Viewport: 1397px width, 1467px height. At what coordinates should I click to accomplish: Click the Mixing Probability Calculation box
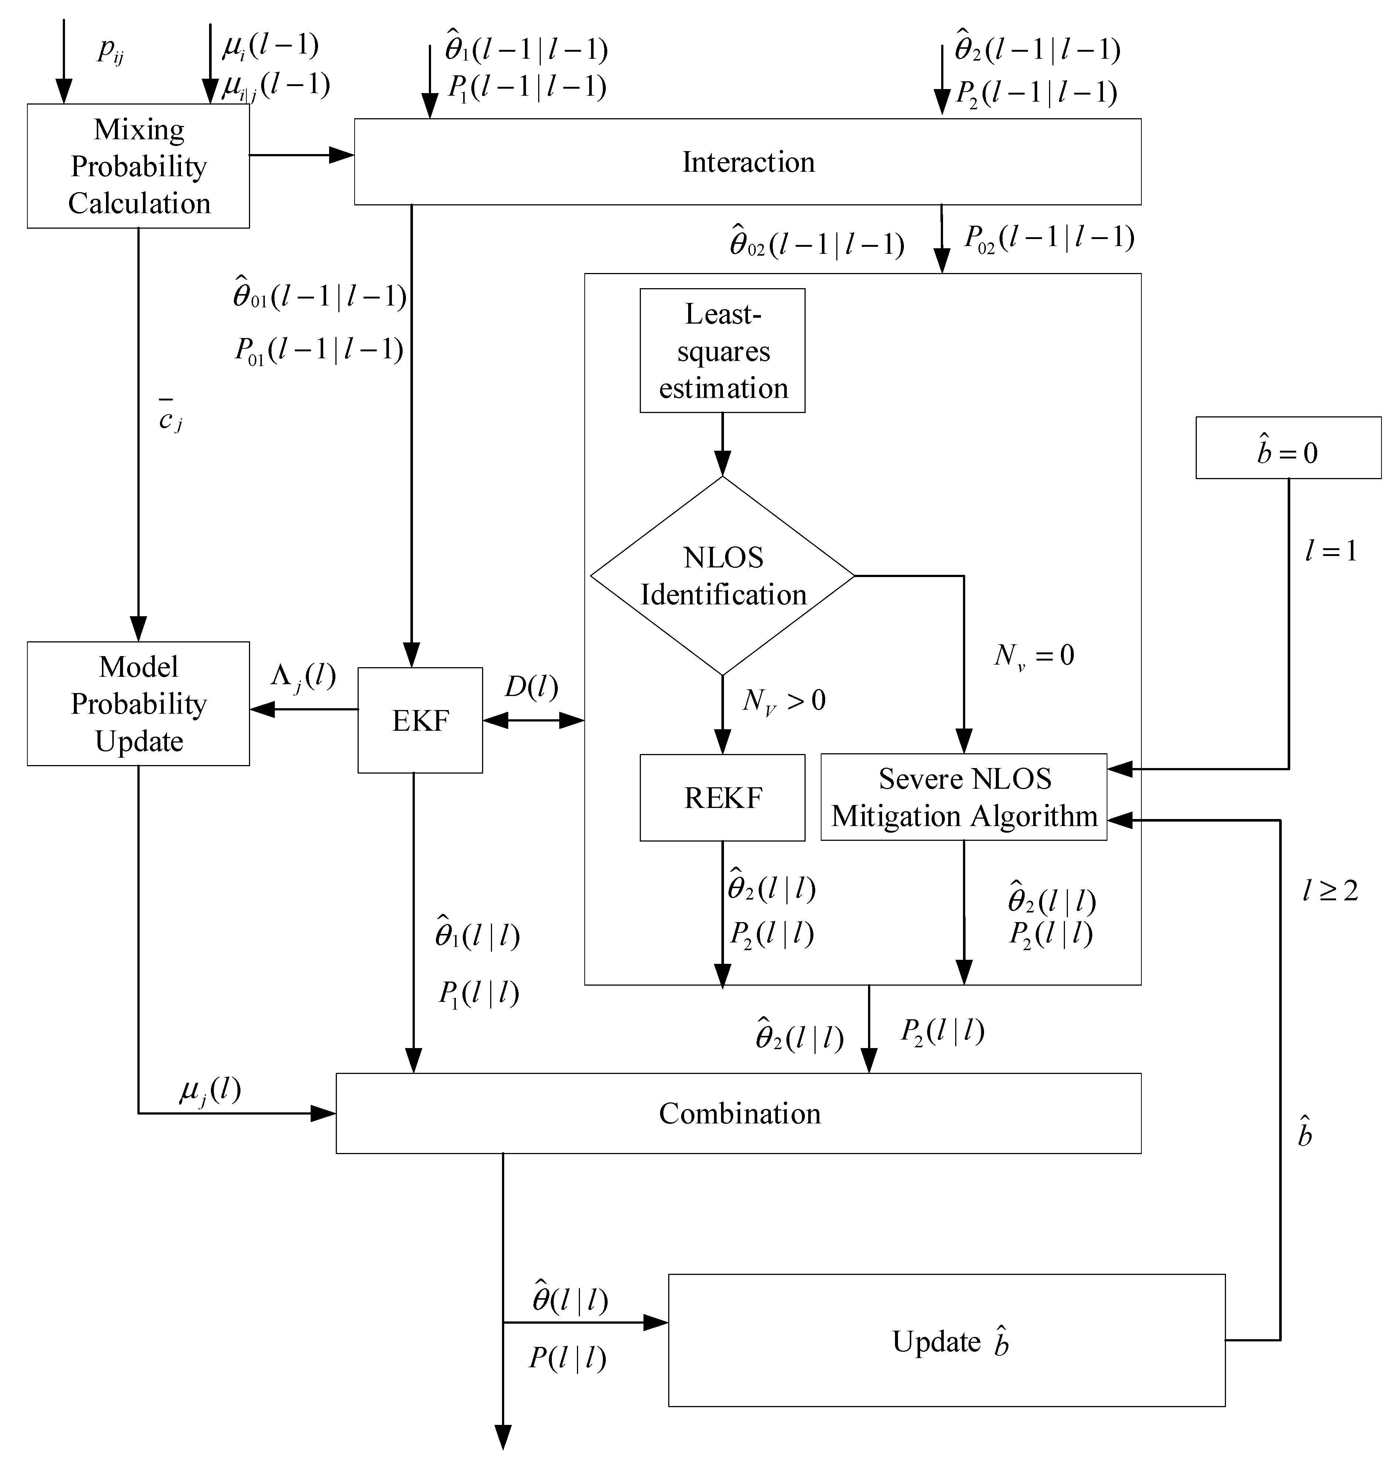click(139, 166)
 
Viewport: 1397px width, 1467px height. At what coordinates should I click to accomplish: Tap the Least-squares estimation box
click(723, 351)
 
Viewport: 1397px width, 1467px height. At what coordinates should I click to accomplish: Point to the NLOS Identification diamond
click(723, 576)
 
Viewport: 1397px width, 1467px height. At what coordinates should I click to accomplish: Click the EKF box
click(420, 720)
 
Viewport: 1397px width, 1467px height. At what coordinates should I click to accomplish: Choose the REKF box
click(723, 798)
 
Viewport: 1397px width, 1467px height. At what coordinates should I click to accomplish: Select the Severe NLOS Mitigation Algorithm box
click(964, 798)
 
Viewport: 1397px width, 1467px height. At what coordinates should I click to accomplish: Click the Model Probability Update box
click(139, 704)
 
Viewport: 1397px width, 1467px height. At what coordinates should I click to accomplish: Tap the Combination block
click(739, 1113)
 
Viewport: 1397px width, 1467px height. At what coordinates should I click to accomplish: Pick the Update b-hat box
click(946, 1340)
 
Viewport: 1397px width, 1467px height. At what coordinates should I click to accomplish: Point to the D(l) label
click(531, 686)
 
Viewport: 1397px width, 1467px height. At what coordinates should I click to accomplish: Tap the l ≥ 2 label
click(1330, 890)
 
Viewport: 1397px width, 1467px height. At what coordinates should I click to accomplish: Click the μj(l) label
click(210, 1091)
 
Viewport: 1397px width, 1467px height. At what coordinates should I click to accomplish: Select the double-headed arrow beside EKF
click(533, 720)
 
